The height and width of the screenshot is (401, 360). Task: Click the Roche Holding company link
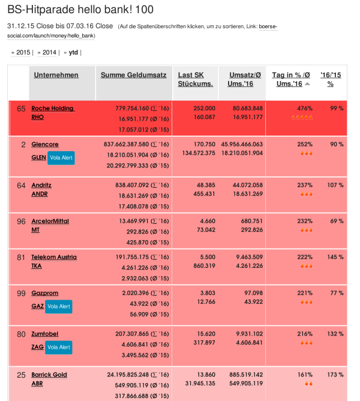click(52, 109)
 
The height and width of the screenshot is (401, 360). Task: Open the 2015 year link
click(23, 53)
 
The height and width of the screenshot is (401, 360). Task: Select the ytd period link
click(73, 53)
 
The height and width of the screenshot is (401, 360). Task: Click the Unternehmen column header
click(56, 75)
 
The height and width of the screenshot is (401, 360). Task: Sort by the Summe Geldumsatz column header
click(133, 75)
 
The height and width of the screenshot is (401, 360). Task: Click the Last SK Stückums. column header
click(195, 79)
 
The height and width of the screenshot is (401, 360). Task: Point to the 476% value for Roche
click(305, 109)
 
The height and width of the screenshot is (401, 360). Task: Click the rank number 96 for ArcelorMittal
click(21, 222)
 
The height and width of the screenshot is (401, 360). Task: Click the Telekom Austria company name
click(54, 258)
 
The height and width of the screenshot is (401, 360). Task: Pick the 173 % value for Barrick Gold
click(335, 375)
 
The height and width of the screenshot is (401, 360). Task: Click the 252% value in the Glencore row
click(305, 145)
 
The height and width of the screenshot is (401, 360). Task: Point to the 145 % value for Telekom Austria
click(335, 258)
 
